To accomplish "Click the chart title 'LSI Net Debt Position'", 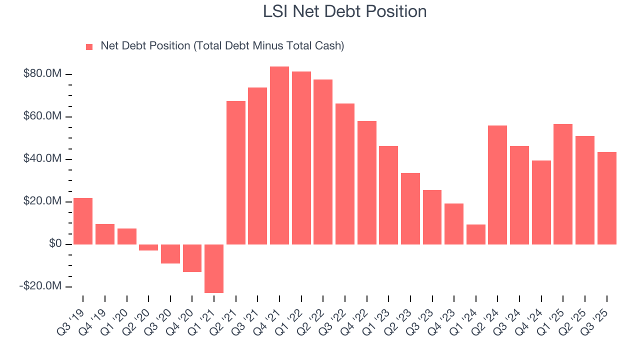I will click(344, 11).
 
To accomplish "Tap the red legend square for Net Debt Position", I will click(89, 46).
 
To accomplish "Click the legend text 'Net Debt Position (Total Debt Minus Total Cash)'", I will click(222, 46).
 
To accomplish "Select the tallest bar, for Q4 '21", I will click(279, 155).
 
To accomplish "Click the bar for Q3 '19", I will click(83, 221).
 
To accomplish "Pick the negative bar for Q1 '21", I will click(214, 268).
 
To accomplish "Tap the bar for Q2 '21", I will click(236, 172).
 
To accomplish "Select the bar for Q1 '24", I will click(476, 234).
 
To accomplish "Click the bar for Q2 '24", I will click(497, 185).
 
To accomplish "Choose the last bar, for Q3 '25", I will click(607, 198).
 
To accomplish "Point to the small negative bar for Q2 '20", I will click(148, 247).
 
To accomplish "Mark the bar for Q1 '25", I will click(563, 184).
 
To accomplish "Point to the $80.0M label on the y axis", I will click(42, 74).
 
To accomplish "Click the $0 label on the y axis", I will click(55, 244).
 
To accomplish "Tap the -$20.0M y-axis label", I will click(41, 286).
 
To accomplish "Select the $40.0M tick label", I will click(42, 159).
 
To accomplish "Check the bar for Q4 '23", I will click(454, 224).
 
